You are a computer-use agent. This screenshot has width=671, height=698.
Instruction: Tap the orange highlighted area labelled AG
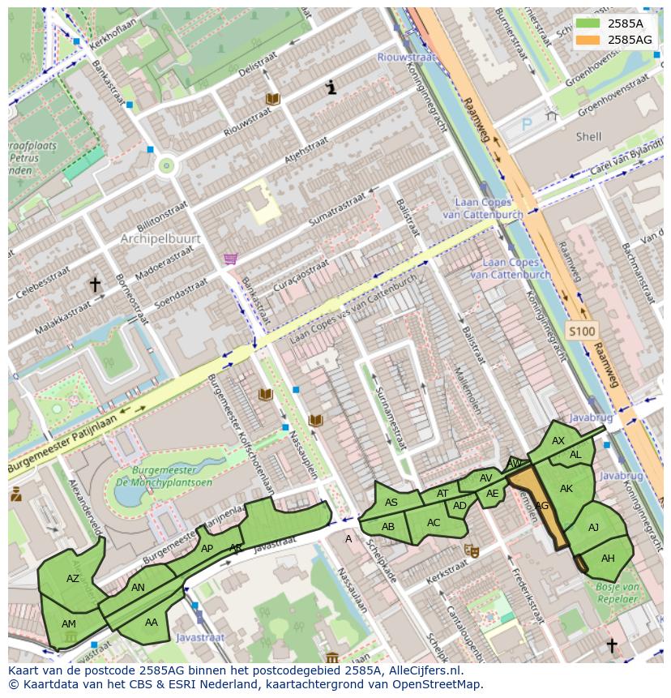pos(541,505)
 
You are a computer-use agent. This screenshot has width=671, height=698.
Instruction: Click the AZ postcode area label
pos(73,579)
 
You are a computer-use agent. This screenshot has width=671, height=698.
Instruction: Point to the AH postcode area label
pos(608,559)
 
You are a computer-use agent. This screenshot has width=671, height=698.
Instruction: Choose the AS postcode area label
pos(391,503)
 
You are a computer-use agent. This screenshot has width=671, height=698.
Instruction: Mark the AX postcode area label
pos(558,441)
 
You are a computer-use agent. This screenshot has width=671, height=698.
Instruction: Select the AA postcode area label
pos(152,623)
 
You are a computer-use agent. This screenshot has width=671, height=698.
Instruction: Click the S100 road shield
pos(581,331)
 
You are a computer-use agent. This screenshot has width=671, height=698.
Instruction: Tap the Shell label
pos(588,137)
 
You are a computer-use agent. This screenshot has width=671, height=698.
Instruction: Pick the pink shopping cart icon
pos(231,259)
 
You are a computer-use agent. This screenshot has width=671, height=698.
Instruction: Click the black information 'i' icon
pos(331,88)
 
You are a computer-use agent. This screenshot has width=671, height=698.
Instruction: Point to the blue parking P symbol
pos(527,125)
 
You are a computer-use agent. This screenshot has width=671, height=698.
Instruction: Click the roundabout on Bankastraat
pos(167,166)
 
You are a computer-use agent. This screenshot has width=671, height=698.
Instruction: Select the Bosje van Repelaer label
pos(618,593)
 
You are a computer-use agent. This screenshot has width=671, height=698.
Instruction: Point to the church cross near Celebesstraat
pos(95,285)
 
